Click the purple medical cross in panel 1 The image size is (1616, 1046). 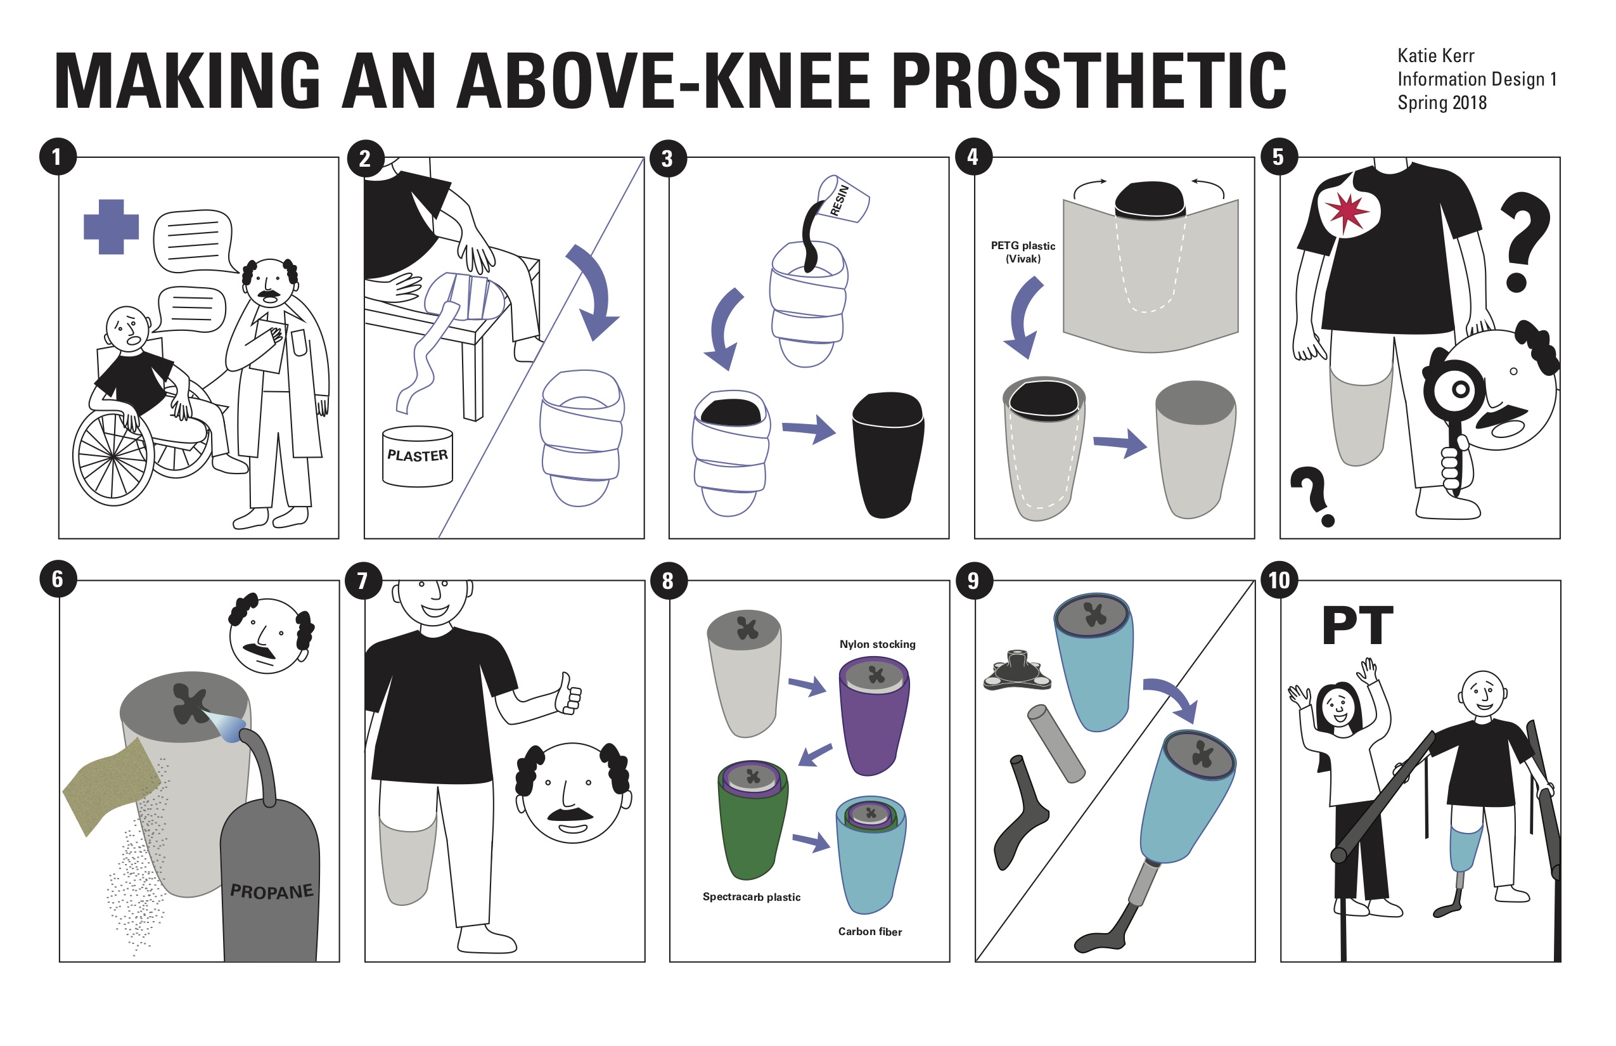point(111,227)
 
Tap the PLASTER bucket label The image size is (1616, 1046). point(418,456)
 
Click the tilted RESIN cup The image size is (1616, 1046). point(843,199)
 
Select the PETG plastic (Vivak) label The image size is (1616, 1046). point(1023,252)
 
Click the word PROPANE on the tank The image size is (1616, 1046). point(272,891)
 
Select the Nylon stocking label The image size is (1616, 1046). point(877,644)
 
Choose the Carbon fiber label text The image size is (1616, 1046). point(869,931)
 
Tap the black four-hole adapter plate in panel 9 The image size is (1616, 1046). point(1016,673)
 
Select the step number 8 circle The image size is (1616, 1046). point(668,581)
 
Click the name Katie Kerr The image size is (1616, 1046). point(1435,56)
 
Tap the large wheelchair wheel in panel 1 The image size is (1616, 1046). point(113,456)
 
